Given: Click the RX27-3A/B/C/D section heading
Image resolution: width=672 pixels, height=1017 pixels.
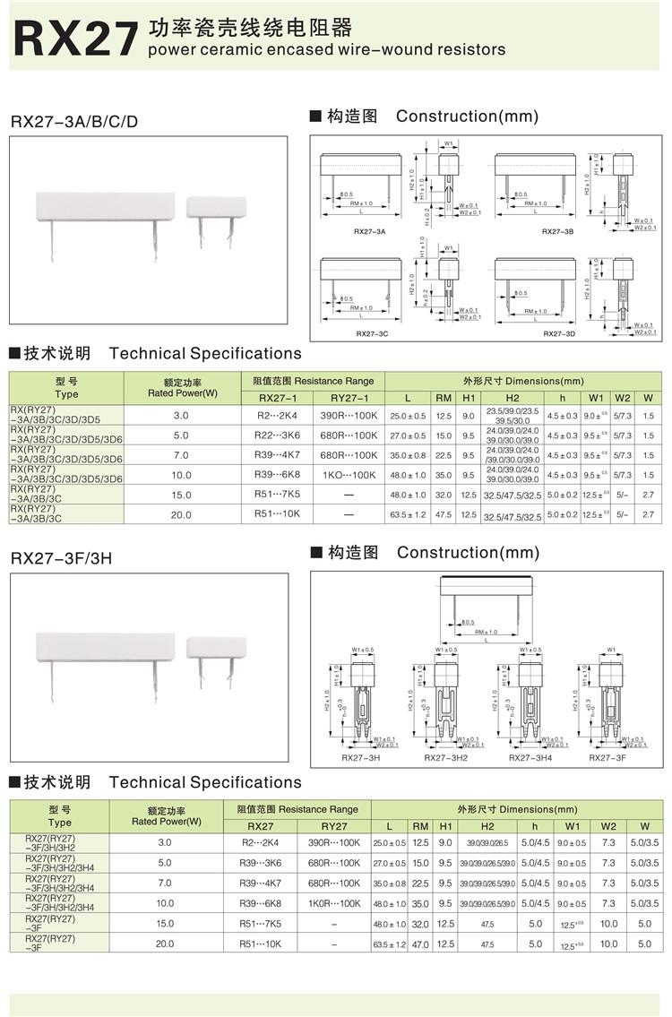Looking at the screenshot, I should pyautogui.click(x=74, y=121).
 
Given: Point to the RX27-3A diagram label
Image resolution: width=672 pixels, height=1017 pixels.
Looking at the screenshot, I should pyautogui.click(x=369, y=232).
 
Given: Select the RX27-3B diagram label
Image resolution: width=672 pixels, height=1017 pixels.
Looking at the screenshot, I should pyautogui.click(x=557, y=232).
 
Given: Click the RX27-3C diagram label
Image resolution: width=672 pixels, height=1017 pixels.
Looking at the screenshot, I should pyautogui.click(x=371, y=333).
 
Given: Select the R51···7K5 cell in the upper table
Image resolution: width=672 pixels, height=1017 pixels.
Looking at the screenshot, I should pyautogui.click(x=277, y=495).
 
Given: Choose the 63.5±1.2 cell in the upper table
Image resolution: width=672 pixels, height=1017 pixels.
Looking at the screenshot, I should pyautogui.click(x=407, y=515).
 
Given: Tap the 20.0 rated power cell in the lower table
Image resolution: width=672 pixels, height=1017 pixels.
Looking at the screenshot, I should pyautogui.click(x=165, y=944).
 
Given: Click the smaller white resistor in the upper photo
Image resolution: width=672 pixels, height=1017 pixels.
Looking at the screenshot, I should pyautogui.click(x=215, y=208).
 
